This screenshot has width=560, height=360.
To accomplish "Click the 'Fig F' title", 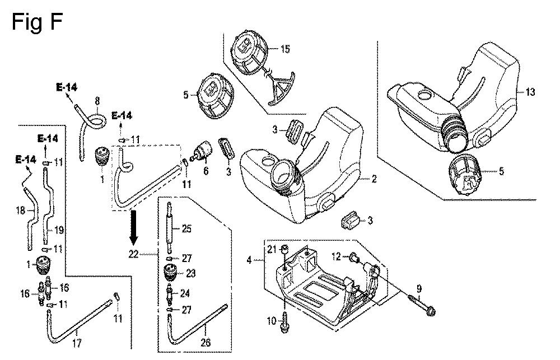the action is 37,22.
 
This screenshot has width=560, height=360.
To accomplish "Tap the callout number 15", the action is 286,49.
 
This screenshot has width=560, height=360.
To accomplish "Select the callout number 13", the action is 530,92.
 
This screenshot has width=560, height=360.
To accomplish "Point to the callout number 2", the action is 374,178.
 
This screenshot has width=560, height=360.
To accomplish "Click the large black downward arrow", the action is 134,226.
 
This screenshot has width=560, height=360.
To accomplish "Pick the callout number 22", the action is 133,254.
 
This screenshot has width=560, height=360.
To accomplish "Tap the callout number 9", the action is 419,288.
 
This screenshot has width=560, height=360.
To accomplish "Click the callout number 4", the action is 249,260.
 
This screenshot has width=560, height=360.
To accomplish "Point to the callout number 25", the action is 187,228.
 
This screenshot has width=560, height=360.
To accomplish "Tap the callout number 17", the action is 77,343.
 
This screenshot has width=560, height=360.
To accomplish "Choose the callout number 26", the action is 206,343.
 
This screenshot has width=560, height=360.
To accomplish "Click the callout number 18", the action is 21,211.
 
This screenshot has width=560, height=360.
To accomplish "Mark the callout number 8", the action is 97,101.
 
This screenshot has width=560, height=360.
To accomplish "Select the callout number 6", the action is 206,171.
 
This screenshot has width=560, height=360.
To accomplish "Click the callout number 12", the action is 337,256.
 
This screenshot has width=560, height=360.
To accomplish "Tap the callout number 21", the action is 272,249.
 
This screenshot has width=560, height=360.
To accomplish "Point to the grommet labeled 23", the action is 170,274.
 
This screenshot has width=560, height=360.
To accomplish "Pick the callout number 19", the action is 59,230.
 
